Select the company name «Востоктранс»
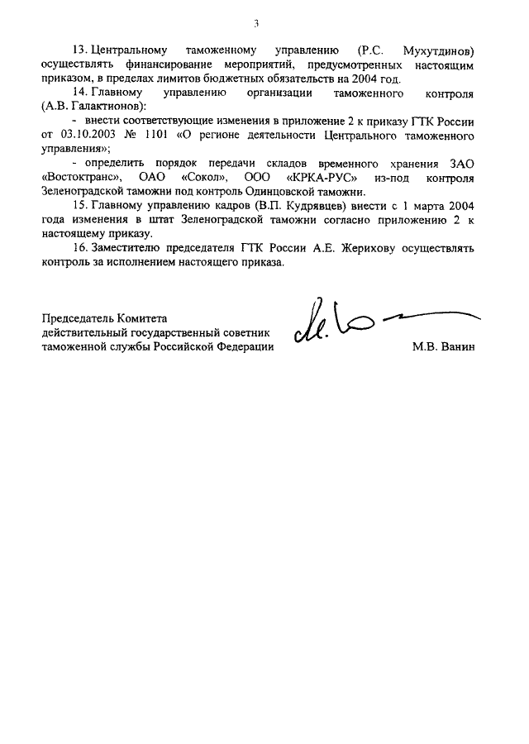[x=80, y=179]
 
